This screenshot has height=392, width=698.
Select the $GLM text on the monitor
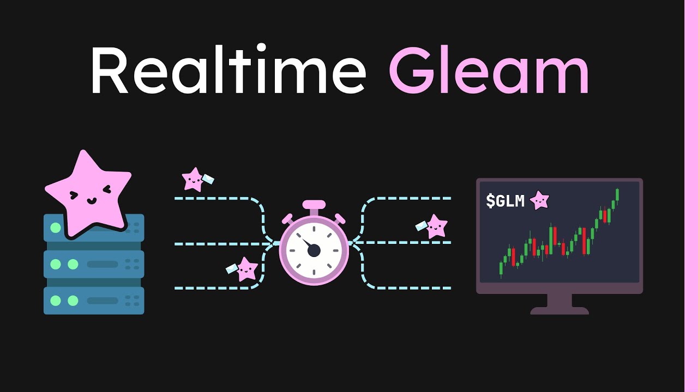tap(505, 201)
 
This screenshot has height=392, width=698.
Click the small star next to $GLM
tap(539, 200)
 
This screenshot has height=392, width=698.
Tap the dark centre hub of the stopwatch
tap(314, 250)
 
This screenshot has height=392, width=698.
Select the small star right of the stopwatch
tap(436, 226)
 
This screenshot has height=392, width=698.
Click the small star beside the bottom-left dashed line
tap(246, 269)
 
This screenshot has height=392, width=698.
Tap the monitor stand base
tap(559, 310)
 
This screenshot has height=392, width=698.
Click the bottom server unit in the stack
tap(94, 301)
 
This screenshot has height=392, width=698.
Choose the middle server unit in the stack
tap(94, 265)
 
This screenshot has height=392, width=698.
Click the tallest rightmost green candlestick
tap(617, 194)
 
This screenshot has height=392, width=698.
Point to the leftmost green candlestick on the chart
tap(501, 268)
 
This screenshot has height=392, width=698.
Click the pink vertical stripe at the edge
tap(691, 196)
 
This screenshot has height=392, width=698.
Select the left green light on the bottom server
tap(55, 301)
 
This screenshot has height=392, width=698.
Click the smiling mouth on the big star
tap(91, 200)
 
